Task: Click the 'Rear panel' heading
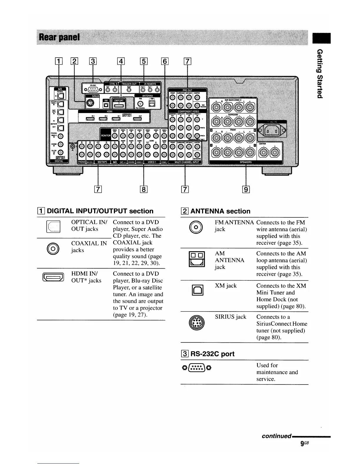[59, 37]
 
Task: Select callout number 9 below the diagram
[246, 189]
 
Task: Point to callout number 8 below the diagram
[144, 189]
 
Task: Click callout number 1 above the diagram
[59, 61]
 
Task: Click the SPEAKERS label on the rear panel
[246, 162]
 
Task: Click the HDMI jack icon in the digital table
[53, 277]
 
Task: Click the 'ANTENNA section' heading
[220, 211]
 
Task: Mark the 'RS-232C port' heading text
[212, 354]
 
